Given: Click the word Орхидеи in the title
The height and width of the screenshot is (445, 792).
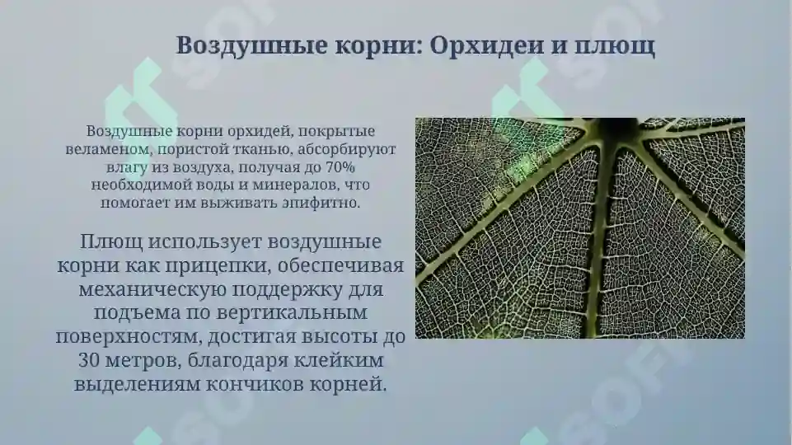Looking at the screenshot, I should click(485, 45).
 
